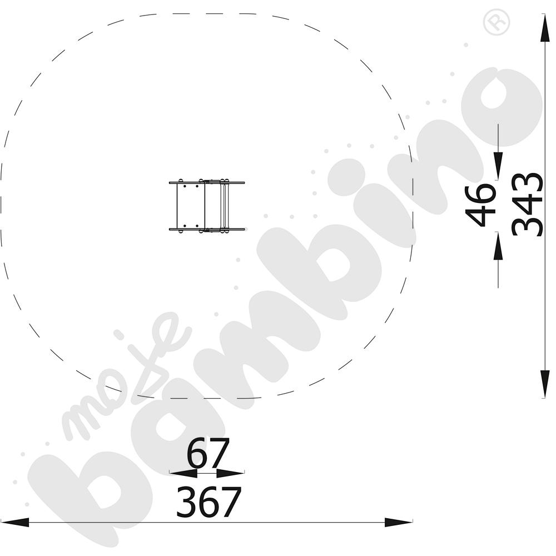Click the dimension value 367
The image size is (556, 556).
coord(209,502)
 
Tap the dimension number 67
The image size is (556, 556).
coord(209,454)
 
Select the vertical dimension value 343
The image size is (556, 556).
coord(527,205)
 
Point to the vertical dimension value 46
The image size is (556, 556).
coord(480,205)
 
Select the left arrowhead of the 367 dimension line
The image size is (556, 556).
coord(15,522)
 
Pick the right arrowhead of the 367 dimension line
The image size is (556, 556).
coord(399,522)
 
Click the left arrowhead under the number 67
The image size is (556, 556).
coord(183,473)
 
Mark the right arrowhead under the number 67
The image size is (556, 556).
coord(231,473)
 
